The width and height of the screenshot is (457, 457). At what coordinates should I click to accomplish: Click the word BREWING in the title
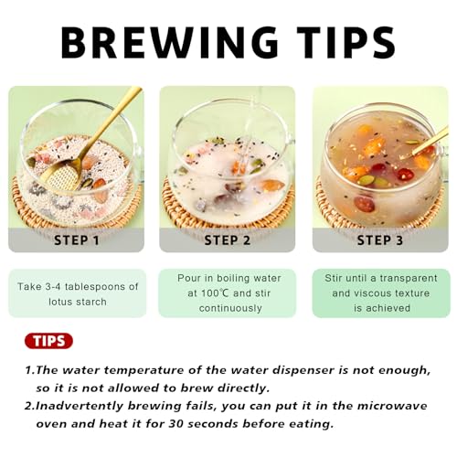click(x=169, y=43)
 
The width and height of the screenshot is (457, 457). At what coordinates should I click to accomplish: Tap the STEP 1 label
click(x=77, y=240)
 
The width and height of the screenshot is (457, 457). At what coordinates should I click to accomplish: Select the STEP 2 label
click(x=228, y=240)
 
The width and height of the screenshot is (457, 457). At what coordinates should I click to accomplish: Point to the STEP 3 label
click(x=380, y=240)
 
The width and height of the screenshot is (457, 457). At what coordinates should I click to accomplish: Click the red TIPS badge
click(x=48, y=341)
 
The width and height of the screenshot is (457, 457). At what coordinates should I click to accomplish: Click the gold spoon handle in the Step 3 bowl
click(x=430, y=141)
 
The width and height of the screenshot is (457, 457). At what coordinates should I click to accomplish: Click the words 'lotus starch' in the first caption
click(x=78, y=302)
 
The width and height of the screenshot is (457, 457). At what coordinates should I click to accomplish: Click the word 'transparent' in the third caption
click(x=409, y=279)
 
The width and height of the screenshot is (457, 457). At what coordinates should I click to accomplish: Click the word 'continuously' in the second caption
click(x=230, y=308)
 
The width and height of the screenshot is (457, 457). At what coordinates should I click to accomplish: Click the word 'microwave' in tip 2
click(x=392, y=406)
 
